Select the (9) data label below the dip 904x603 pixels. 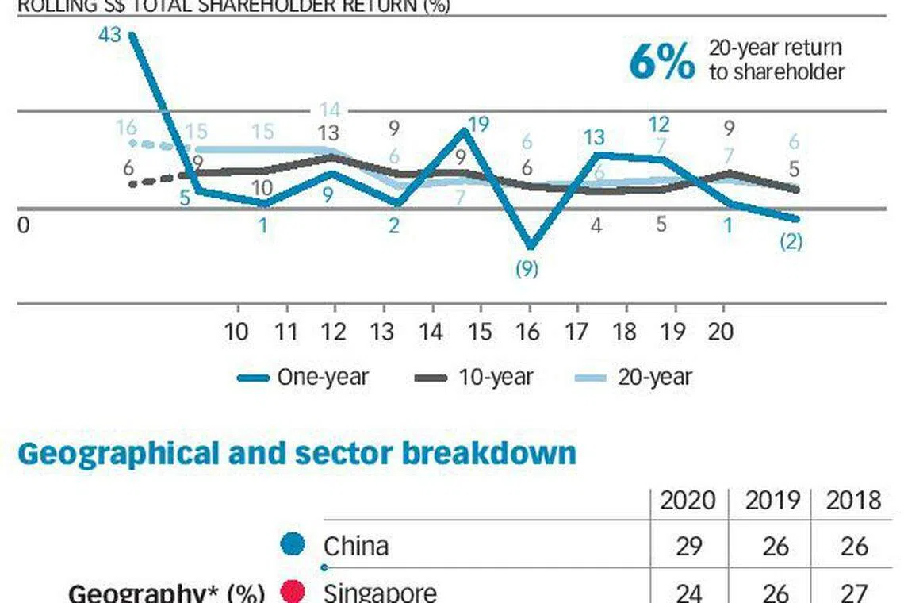click(x=527, y=270)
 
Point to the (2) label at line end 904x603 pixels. click(x=790, y=241)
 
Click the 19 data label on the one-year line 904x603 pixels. click(x=478, y=125)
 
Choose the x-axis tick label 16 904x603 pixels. click(x=527, y=332)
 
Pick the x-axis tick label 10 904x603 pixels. click(x=236, y=332)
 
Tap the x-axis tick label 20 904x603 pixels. click(x=721, y=332)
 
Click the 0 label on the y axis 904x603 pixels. click(x=23, y=225)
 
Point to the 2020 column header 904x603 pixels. click(x=688, y=501)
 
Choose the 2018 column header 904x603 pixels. click(x=852, y=501)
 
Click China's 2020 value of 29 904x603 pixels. click(x=688, y=547)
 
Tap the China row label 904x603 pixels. click(x=356, y=547)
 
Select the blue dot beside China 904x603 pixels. click(x=293, y=546)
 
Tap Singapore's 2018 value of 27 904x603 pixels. click(x=852, y=592)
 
